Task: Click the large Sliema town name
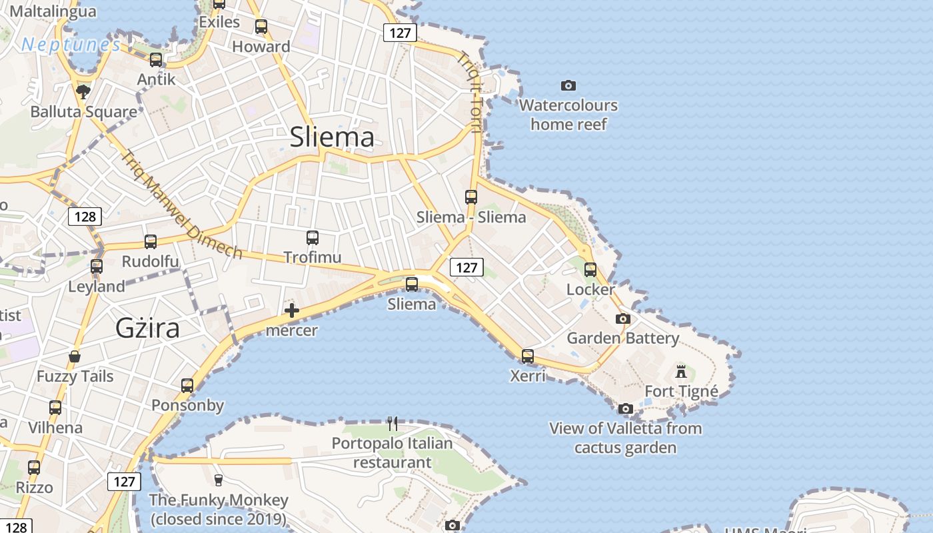332,137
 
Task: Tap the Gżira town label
147,328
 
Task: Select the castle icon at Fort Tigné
680,371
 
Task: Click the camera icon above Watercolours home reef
568,85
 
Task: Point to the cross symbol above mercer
291,310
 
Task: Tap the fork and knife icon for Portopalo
393,423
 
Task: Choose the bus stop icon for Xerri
528,356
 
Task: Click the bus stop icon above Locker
590,269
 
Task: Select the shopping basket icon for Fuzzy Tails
75,356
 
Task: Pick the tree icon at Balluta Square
83,91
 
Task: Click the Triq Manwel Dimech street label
181,205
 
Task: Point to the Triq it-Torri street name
470,92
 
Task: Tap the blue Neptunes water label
71,45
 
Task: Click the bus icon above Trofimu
313,237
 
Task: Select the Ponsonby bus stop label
187,405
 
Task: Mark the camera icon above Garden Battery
623,318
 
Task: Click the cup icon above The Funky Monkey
218,480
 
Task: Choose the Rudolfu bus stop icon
151,242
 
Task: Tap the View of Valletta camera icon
625,408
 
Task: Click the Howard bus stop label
261,47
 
